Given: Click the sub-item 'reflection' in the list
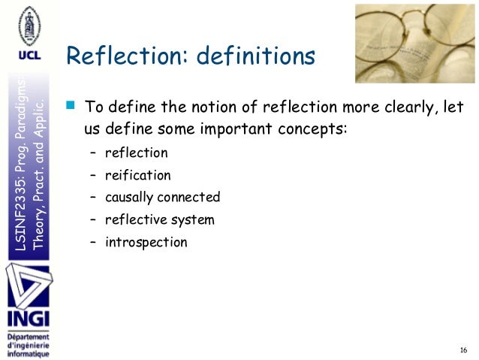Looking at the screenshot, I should pyautogui.click(x=136, y=153).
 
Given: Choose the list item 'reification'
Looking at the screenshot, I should pyautogui.click(x=137, y=176).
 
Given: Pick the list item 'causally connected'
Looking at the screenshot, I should pyautogui.click(x=162, y=198).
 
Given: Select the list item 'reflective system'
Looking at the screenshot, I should pyautogui.click(x=159, y=220).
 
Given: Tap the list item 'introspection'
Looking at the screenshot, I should pyautogui.click(x=146, y=242).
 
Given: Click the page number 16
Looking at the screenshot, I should pyautogui.click(x=462, y=350).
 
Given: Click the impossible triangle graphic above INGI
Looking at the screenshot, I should pyautogui.click(x=28, y=283).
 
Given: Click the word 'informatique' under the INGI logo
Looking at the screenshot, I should pyautogui.click(x=28, y=353).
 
